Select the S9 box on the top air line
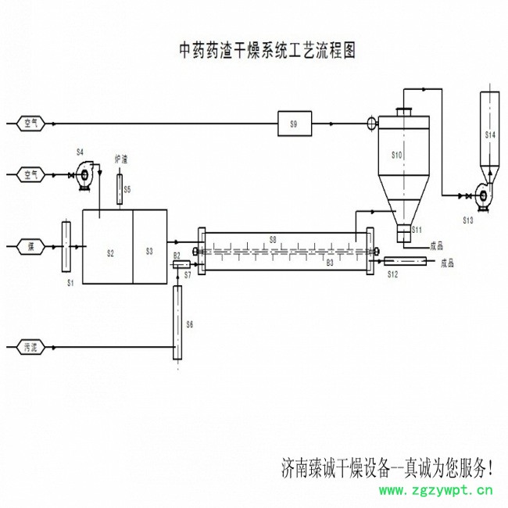point(294,123)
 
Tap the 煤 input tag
point(30,246)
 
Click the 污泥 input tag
point(30,345)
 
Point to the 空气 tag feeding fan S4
point(30,174)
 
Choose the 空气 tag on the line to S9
point(30,123)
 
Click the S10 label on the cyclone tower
point(396,156)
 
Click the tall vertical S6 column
point(177,322)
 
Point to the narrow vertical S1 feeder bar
point(66,246)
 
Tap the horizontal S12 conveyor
point(403,263)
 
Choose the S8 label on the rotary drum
point(273,238)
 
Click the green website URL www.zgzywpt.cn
point(435,491)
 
